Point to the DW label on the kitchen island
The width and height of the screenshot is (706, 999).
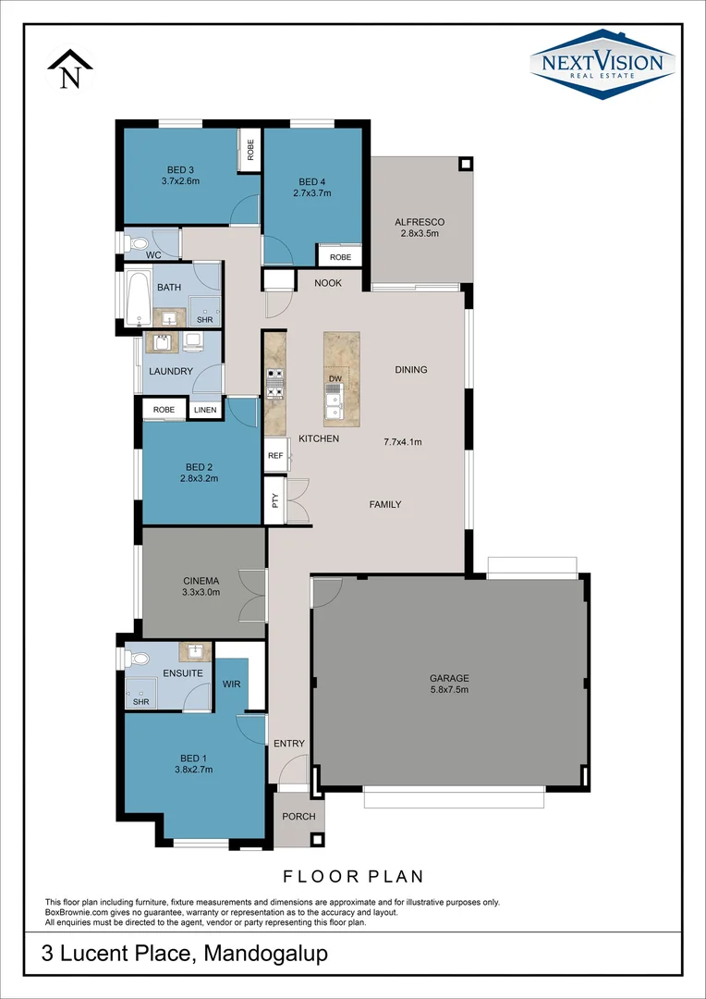335,379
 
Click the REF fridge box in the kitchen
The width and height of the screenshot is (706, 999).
275,456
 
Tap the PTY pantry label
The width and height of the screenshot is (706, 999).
274,500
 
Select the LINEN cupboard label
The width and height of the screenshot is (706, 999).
205,410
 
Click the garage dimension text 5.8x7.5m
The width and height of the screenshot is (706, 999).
450,689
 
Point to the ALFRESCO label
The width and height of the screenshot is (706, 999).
420,222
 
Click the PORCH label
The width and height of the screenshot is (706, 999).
298,817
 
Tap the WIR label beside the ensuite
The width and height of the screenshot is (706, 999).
231,684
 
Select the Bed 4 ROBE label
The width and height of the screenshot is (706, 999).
340,257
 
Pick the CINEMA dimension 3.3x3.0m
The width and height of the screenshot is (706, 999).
201,592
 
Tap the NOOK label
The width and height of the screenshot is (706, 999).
327,283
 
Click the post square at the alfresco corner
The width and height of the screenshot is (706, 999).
465,165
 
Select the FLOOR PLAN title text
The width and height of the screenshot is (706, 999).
352,875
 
